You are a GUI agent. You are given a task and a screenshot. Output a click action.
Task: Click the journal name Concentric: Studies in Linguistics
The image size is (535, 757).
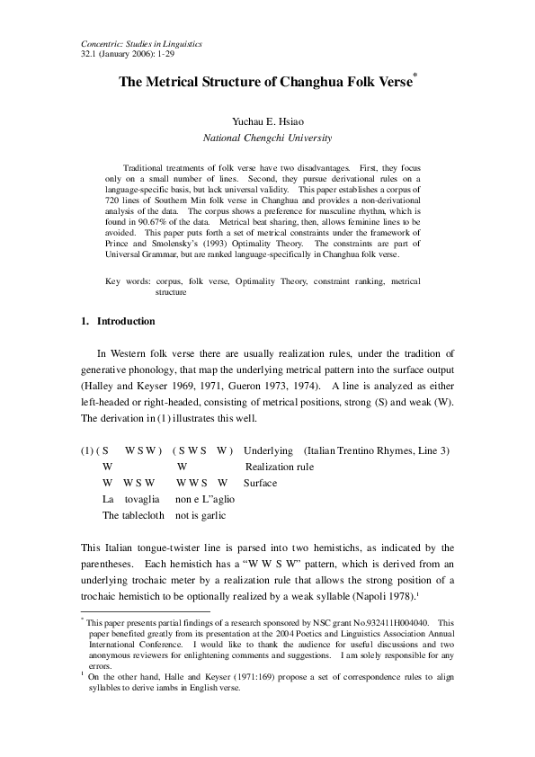click(142, 43)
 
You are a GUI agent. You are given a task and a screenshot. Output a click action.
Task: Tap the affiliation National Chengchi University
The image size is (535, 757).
click(267, 138)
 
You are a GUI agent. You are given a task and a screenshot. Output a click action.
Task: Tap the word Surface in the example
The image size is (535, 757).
click(260, 483)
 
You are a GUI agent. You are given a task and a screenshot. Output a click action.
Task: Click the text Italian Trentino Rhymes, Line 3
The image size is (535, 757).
click(377, 450)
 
